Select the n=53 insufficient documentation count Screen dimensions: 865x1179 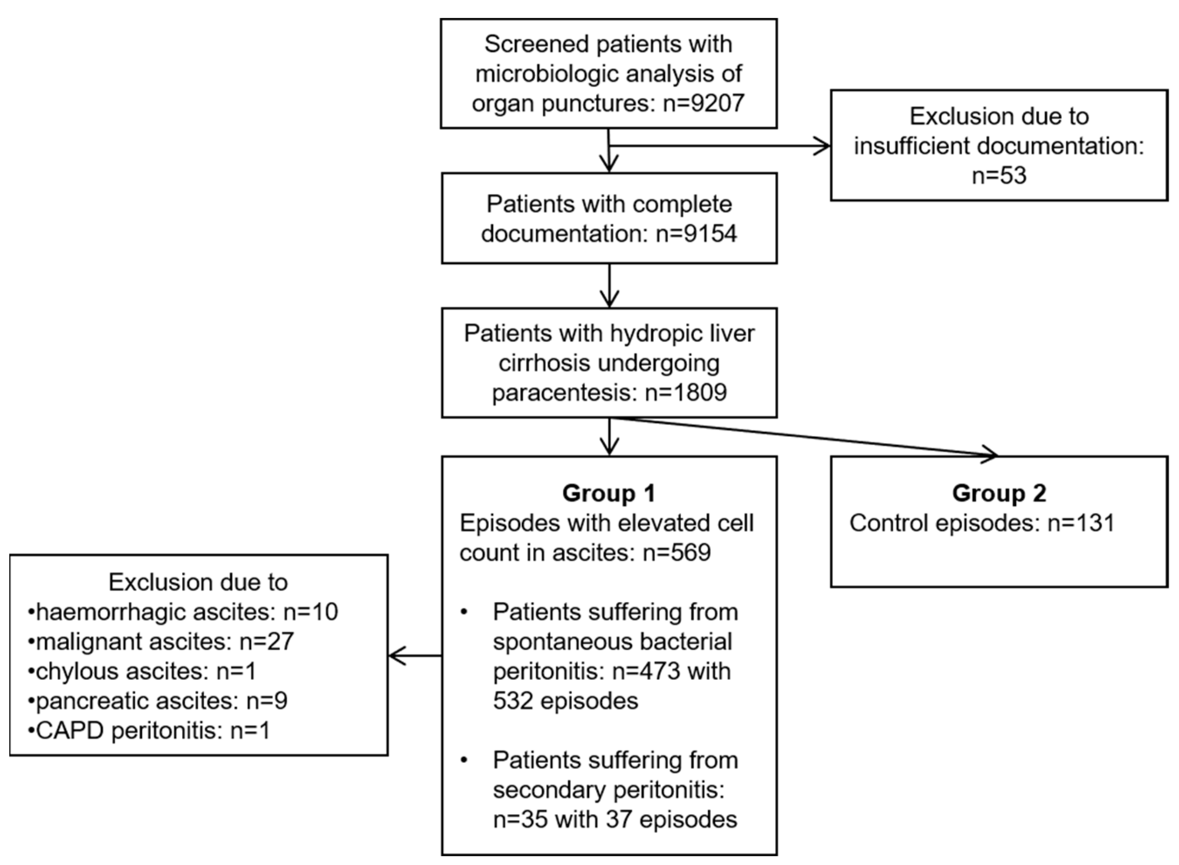click(x=998, y=175)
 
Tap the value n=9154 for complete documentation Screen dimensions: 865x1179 click(x=696, y=233)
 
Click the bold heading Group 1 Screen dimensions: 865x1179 click(x=609, y=493)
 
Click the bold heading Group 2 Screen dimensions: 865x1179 click(x=998, y=493)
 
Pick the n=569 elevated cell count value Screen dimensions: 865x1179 click(x=676, y=553)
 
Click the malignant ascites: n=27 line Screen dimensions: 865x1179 click(x=161, y=642)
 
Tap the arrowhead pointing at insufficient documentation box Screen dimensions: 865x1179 click(x=824, y=146)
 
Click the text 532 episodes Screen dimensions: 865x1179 click(x=565, y=701)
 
